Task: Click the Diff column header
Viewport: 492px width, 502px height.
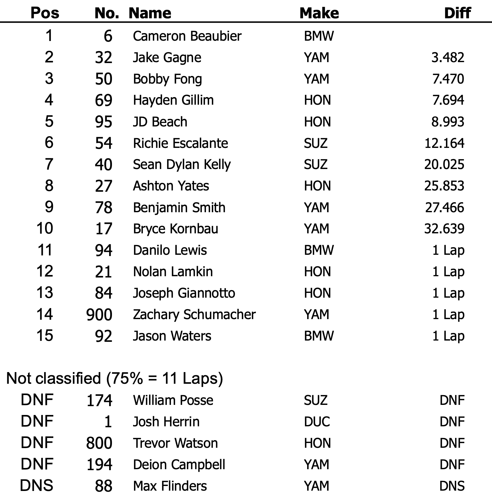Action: point(457,13)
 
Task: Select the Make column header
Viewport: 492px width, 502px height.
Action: point(319,13)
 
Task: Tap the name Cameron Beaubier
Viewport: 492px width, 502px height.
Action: point(187,36)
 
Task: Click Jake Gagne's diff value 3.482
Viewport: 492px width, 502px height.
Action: point(448,58)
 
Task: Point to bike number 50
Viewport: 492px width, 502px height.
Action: point(103,79)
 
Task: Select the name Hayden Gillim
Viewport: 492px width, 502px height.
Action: point(173,100)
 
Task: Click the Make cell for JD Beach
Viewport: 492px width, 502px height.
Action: point(317,122)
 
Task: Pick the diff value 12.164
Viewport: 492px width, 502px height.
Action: point(444,143)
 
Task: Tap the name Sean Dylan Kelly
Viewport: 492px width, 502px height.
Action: point(182,165)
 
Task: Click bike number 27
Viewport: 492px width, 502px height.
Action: point(103,186)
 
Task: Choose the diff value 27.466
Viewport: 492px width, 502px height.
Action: point(444,207)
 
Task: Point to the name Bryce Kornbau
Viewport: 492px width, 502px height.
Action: point(175,229)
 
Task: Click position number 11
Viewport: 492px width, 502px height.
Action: point(44,250)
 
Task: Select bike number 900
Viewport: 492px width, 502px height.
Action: point(99,315)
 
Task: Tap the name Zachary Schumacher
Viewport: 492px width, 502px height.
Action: point(194,315)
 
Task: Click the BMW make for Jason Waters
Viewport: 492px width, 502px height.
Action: point(319,336)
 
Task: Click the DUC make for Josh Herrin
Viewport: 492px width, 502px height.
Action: point(317,422)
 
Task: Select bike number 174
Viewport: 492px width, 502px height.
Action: point(99,400)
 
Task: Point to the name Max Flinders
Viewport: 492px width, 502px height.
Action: point(170,486)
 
